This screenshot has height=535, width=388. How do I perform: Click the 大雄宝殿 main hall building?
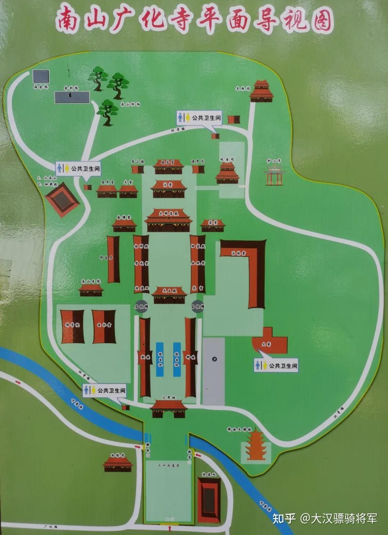(x=168, y=221)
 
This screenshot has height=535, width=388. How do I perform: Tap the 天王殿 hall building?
(x=169, y=296)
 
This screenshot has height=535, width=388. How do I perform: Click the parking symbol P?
(x=214, y=359)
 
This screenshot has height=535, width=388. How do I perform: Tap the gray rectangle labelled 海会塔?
(x=41, y=77)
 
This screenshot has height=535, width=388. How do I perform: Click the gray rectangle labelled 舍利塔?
(x=72, y=97)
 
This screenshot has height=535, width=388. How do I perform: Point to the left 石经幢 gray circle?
(x=141, y=306)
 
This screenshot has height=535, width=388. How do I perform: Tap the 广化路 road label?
(x=48, y=526)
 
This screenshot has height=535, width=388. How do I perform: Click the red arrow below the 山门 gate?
(x=169, y=529)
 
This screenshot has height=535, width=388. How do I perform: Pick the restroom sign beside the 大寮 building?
(x=276, y=366)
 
